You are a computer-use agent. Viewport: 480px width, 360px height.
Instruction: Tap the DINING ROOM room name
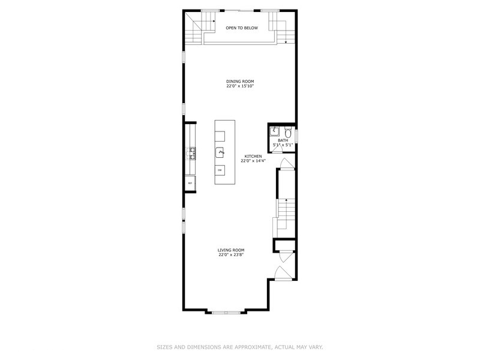240,82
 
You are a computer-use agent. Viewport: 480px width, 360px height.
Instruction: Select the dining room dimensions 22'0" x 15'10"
240,86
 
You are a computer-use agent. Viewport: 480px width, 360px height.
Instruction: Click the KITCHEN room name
253,156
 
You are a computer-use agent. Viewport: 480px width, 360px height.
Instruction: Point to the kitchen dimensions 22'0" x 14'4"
253,161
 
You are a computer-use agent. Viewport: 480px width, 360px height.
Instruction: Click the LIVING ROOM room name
231,250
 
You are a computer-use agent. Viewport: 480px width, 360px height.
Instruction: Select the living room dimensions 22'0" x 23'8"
231,254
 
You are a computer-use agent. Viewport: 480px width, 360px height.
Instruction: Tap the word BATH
282,140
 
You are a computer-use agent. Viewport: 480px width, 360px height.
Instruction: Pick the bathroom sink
275,130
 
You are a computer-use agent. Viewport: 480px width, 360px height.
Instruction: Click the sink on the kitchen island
220,152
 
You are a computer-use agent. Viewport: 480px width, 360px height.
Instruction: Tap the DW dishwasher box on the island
220,171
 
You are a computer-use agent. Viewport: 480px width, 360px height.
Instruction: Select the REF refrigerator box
190,183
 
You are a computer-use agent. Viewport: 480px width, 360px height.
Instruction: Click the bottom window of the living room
226,312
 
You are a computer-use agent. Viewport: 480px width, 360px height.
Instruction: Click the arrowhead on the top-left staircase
214,21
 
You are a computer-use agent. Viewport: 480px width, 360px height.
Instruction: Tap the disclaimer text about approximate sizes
240,347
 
